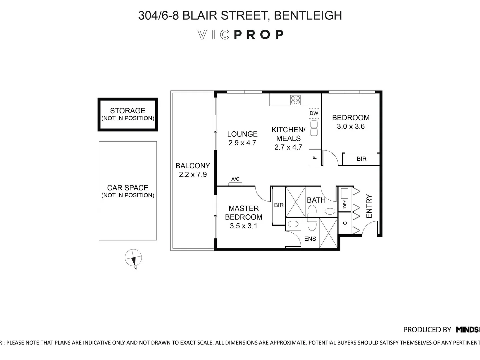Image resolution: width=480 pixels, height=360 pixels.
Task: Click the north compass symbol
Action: (x=133, y=258)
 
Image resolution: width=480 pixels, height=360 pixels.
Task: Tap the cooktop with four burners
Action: (x=295, y=100)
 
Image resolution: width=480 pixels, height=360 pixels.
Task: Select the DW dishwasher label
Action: (x=314, y=113)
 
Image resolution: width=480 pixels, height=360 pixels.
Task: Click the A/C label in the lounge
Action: (x=235, y=179)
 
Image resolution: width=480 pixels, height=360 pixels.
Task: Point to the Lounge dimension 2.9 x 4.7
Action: (x=242, y=143)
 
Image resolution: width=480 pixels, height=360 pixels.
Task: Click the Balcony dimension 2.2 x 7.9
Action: (x=193, y=174)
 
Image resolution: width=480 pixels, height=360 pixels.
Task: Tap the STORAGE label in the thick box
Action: (x=128, y=111)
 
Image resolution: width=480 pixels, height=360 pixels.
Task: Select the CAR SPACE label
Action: (x=128, y=188)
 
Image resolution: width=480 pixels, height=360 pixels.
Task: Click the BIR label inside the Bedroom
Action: (x=361, y=159)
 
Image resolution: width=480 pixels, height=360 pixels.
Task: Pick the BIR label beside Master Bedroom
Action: (x=279, y=205)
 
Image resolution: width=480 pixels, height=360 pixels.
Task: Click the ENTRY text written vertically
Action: (x=369, y=206)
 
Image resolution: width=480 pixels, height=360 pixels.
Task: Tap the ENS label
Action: (x=310, y=239)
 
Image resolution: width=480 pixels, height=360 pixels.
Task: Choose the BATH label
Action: (x=316, y=200)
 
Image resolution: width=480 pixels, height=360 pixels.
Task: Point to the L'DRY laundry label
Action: (x=345, y=205)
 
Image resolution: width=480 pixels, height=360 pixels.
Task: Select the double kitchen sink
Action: (x=314, y=128)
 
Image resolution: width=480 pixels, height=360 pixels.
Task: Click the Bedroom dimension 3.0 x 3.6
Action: (x=351, y=126)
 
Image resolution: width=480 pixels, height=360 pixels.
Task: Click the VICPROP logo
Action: (x=240, y=35)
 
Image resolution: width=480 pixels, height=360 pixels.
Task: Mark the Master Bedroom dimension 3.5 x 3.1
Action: (x=243, y=226)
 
